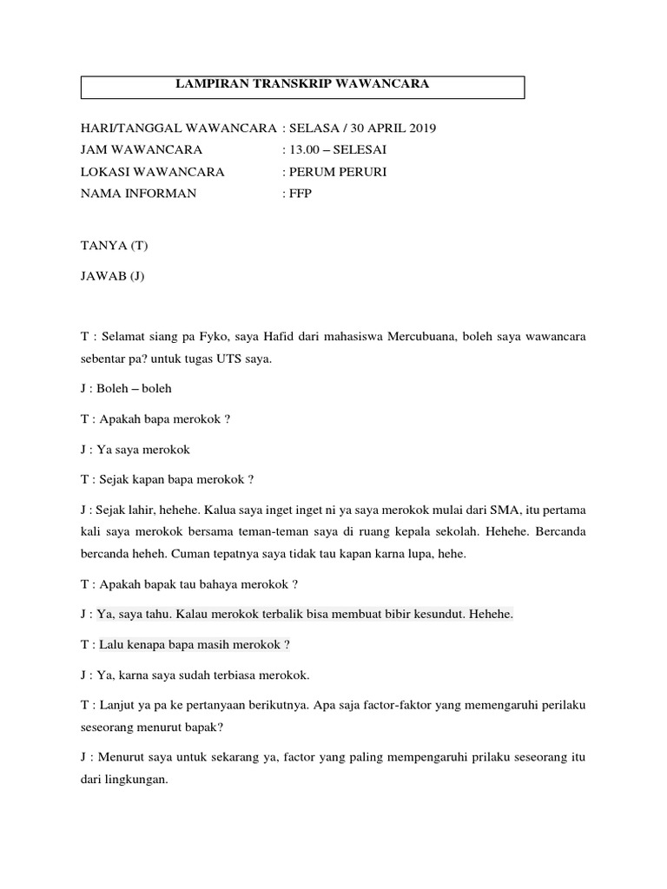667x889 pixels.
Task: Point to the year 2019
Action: click(421, 128)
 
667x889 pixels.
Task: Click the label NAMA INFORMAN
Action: click(139, 194)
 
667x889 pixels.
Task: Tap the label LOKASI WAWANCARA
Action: click(153, 172)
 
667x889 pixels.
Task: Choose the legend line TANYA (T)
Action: click(114, 246)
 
